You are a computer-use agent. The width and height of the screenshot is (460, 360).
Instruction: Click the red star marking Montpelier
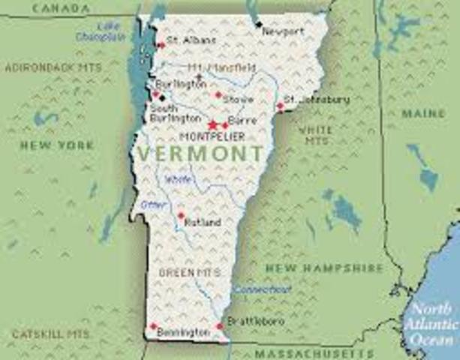point(212,124)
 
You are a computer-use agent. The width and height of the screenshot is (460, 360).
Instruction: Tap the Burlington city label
point(180,85)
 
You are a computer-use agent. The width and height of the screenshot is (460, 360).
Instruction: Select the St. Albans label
point(191,39)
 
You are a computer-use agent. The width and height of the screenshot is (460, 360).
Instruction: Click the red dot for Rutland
point(180,215)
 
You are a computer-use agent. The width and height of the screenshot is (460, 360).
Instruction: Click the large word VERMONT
point(200,154)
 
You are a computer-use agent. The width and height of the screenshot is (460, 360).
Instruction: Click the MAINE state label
point(423,113)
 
